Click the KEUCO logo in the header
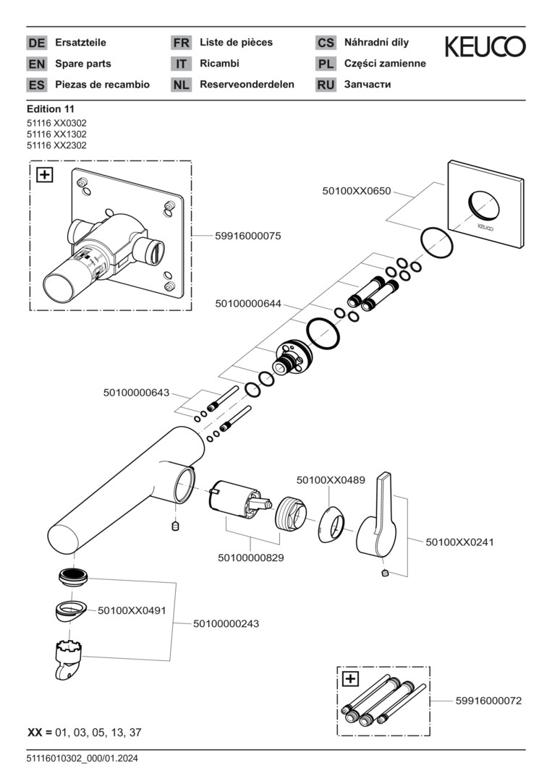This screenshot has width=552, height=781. point(485,48)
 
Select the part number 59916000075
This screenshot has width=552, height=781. point(247,236)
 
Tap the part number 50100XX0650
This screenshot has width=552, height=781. point(356,191)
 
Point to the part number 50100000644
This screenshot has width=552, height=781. point(249,304)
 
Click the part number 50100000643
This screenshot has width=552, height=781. point(136,393)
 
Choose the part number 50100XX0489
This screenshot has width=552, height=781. point(331,479)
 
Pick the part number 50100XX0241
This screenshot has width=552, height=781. point(460,541)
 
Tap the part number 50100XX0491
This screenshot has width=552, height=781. point(132,610)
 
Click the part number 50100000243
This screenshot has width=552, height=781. point(226,623)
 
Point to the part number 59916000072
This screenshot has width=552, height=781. point(488,701)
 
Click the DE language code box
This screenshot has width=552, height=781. point(36,43)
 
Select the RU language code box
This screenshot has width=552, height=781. point(326,85)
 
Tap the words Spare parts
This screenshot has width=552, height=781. point(83,64)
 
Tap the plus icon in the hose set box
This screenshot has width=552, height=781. point(350,679)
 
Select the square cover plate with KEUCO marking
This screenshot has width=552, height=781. point(484,206)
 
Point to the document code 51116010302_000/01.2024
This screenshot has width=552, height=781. point(82,758)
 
